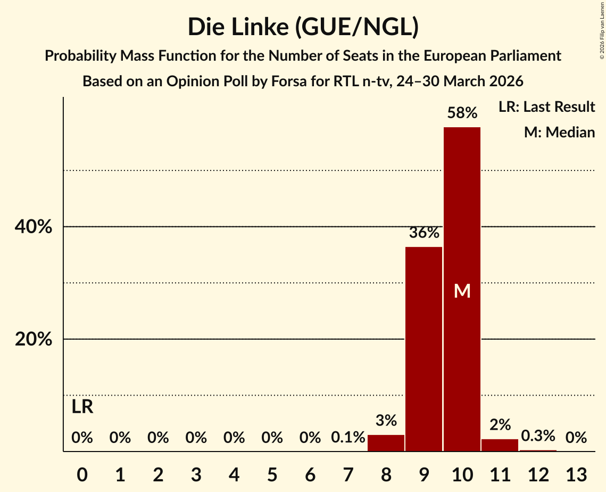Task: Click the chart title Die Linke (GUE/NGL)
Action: (x=303, y=27)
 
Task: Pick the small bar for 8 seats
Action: (x=386, y=443)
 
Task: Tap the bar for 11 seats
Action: (x=500, y=445)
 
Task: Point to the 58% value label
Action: (x=462, y=113)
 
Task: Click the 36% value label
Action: (x=424, y=233)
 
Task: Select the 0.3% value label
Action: (x=538, y=436)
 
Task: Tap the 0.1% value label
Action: (x=348, y=438)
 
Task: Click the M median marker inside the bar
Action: (x=462, y=291)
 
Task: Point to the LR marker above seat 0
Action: (x=82, y=407)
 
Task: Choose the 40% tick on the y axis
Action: (x=34, y=227)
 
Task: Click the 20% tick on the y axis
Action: (x=34, y=339)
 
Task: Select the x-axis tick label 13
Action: (x=576, y=473)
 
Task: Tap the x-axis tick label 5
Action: (x=272, y=473)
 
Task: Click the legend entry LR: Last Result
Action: (x=546, y=107)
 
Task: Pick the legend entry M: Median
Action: (x=559, y=132)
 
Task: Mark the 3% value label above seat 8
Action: (x=386, y=421)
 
